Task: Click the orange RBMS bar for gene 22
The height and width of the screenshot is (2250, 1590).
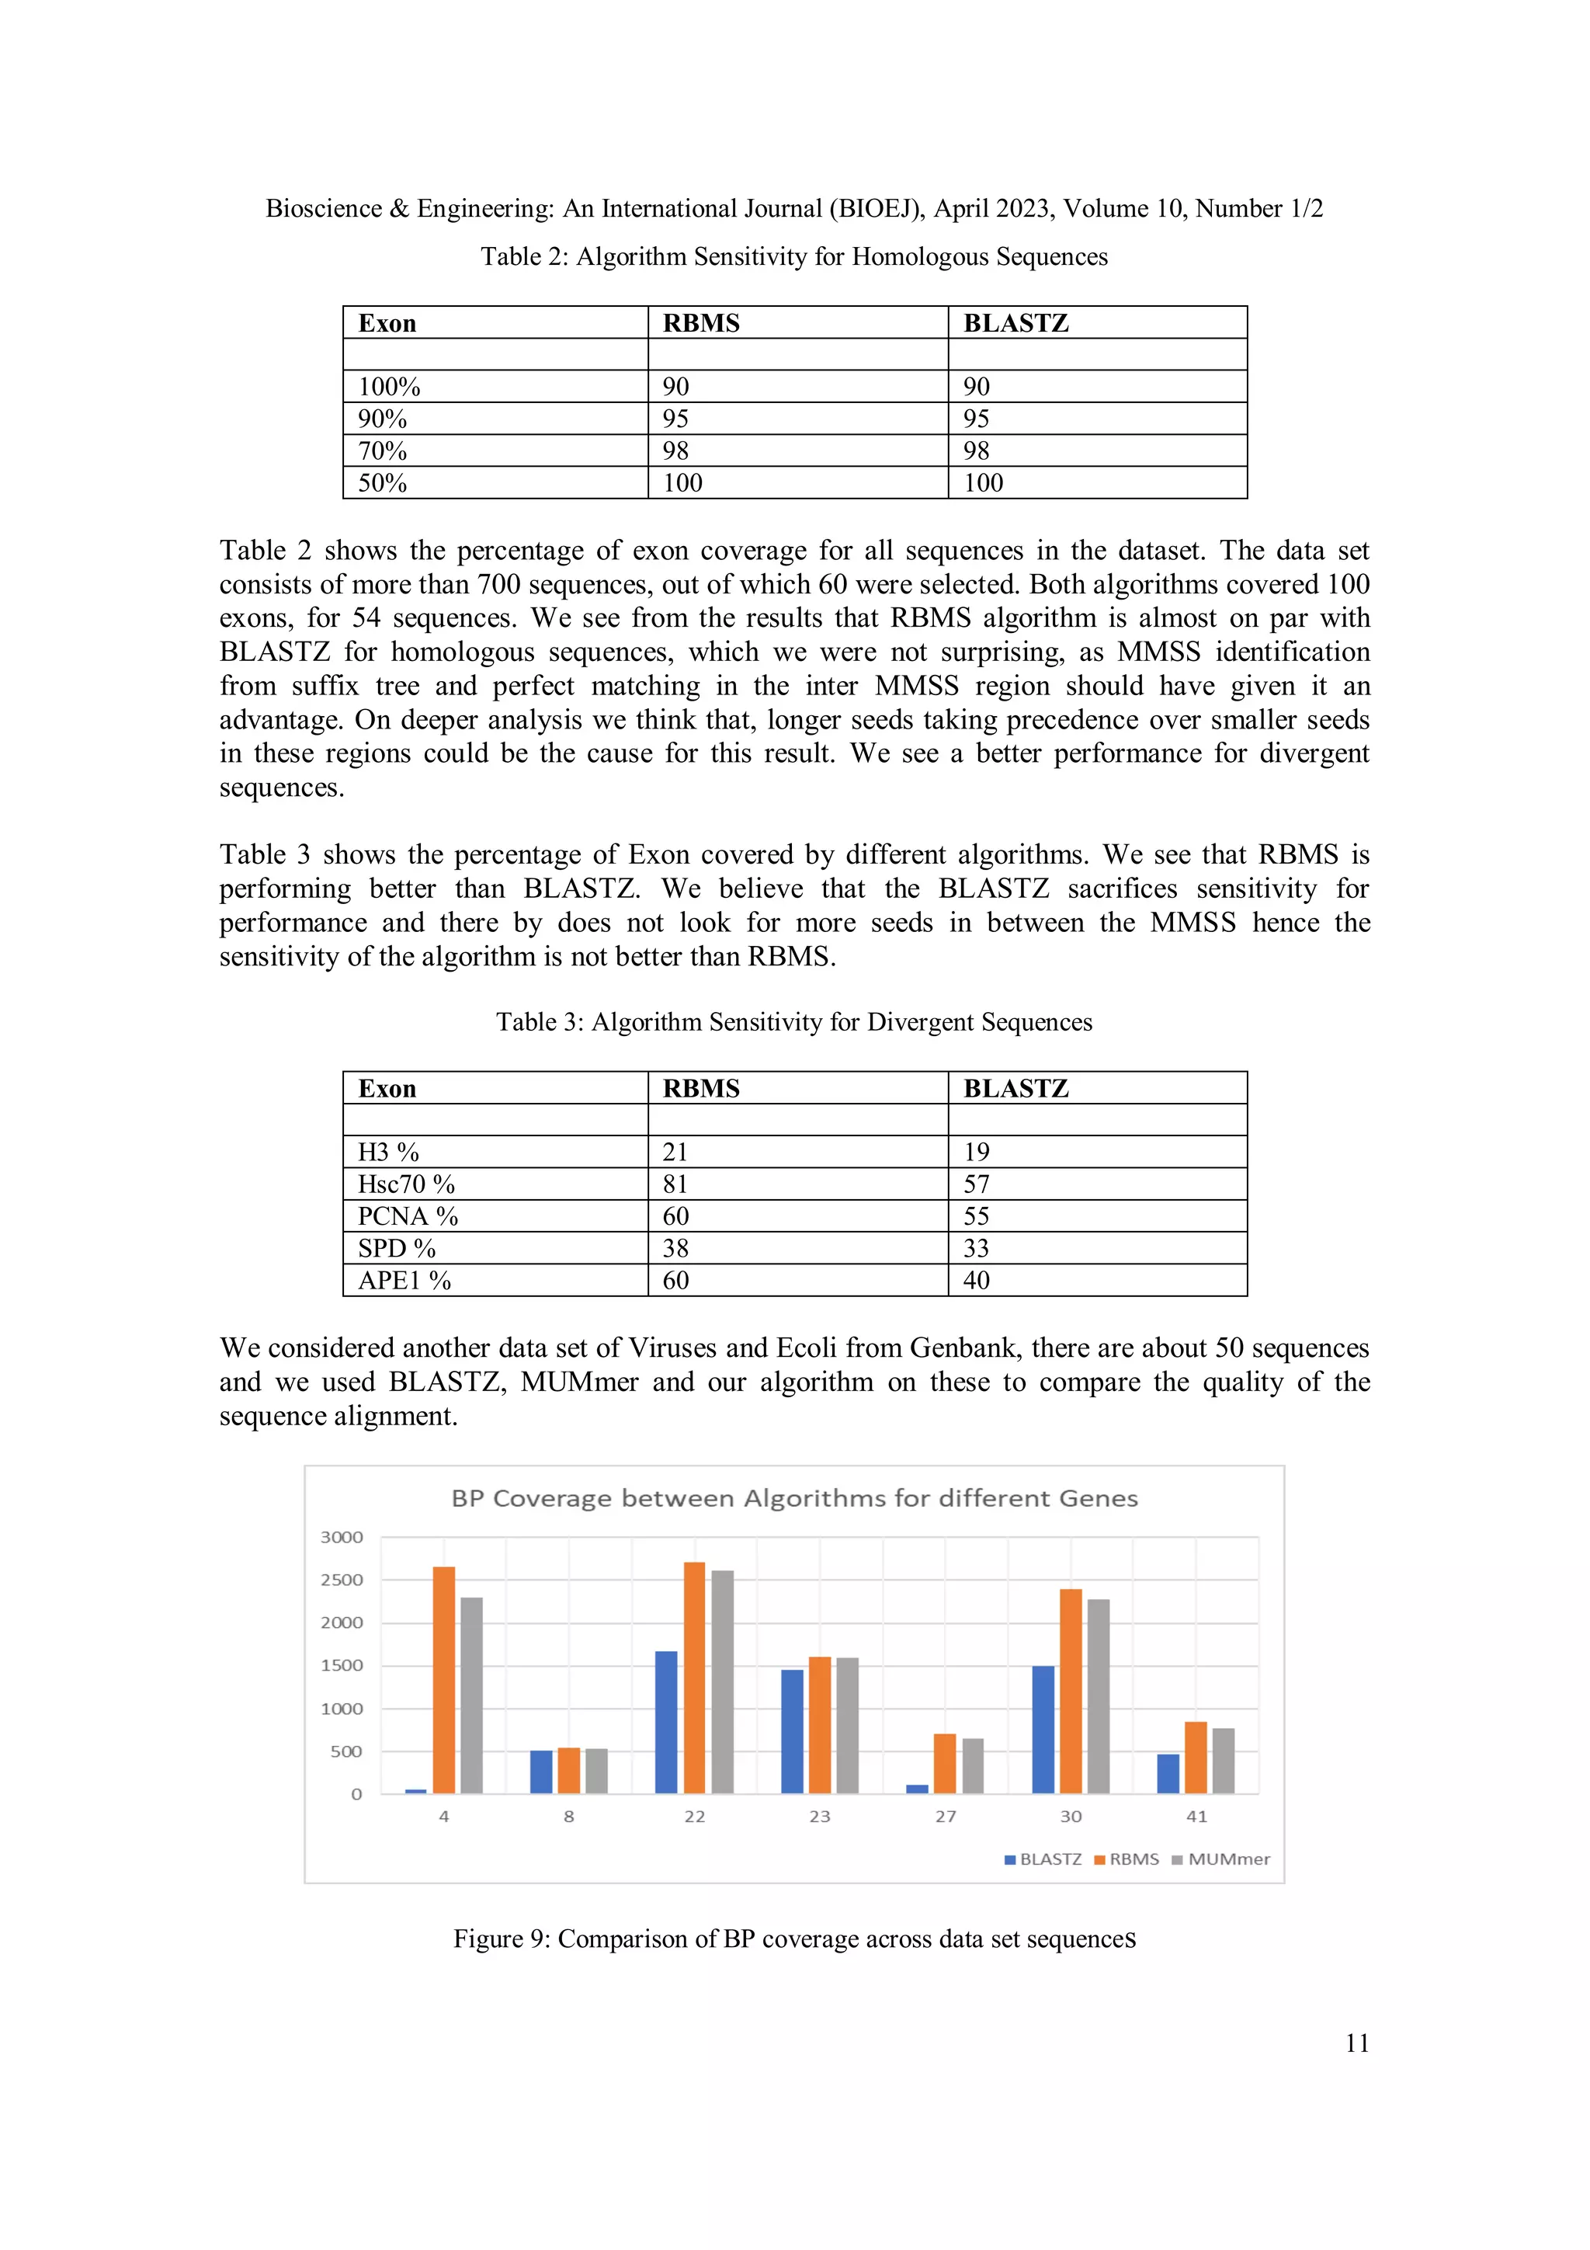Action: click(x=693, y=1678)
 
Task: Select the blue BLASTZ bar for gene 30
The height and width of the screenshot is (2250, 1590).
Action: click(x=1043, y=1730)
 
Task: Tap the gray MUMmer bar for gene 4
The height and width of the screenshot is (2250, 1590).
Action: click(x=471, y=1695)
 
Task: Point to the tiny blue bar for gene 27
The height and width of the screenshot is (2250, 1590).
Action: click(x=917, y=1789)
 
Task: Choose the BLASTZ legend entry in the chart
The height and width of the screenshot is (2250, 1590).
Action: click(x=1043, y=1859)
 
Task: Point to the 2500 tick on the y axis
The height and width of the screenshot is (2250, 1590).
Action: click(x=342, y=1580)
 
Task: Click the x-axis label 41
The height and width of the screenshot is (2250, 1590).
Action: click(x=1196, y=1816)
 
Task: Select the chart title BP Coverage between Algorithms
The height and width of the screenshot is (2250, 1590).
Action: click(x=793, y=1498)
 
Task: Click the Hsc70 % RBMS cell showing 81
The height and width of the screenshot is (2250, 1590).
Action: click(x=676, y=1184)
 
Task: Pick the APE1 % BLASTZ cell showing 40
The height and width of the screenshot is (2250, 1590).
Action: click(x=977, y=1280)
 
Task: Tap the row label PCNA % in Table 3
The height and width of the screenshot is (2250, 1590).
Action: click(x=408, y=1216)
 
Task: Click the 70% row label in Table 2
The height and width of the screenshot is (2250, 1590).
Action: click(x=382, y=450)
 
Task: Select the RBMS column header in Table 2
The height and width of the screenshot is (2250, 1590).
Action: click(x=701, y=323)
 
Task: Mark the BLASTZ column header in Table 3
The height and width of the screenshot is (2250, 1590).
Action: click(x=1016, y=1089)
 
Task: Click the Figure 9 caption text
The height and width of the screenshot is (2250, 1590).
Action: click(x=793, y=1939)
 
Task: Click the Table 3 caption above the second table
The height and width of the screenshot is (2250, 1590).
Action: click(x=793, y=1022)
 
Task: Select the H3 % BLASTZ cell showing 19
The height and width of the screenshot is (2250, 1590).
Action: click(x=977, y=1152)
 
